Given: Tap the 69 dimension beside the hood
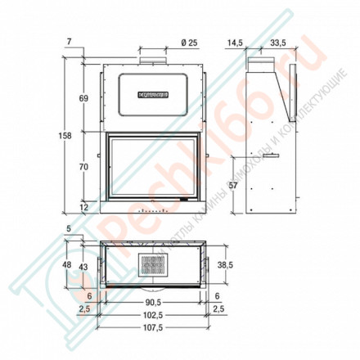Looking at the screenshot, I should click(x=83, y=98).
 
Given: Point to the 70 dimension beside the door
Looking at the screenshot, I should click(x=83, y=166).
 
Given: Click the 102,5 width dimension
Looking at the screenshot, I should click(x=150, y=313).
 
